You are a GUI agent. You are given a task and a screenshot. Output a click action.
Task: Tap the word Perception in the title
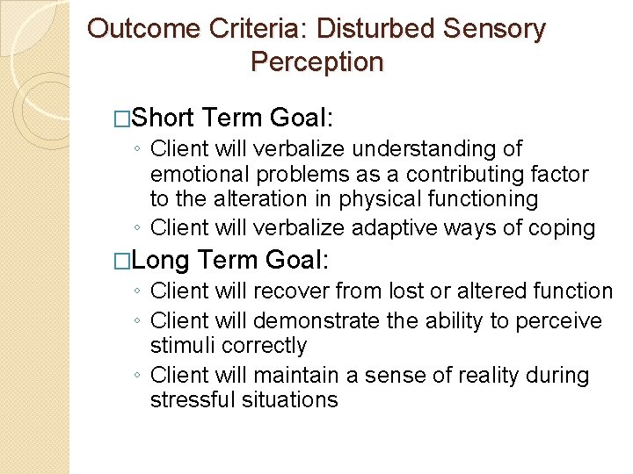click(316, 62)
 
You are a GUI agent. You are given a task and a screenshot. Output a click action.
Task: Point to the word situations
click(295, 399)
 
